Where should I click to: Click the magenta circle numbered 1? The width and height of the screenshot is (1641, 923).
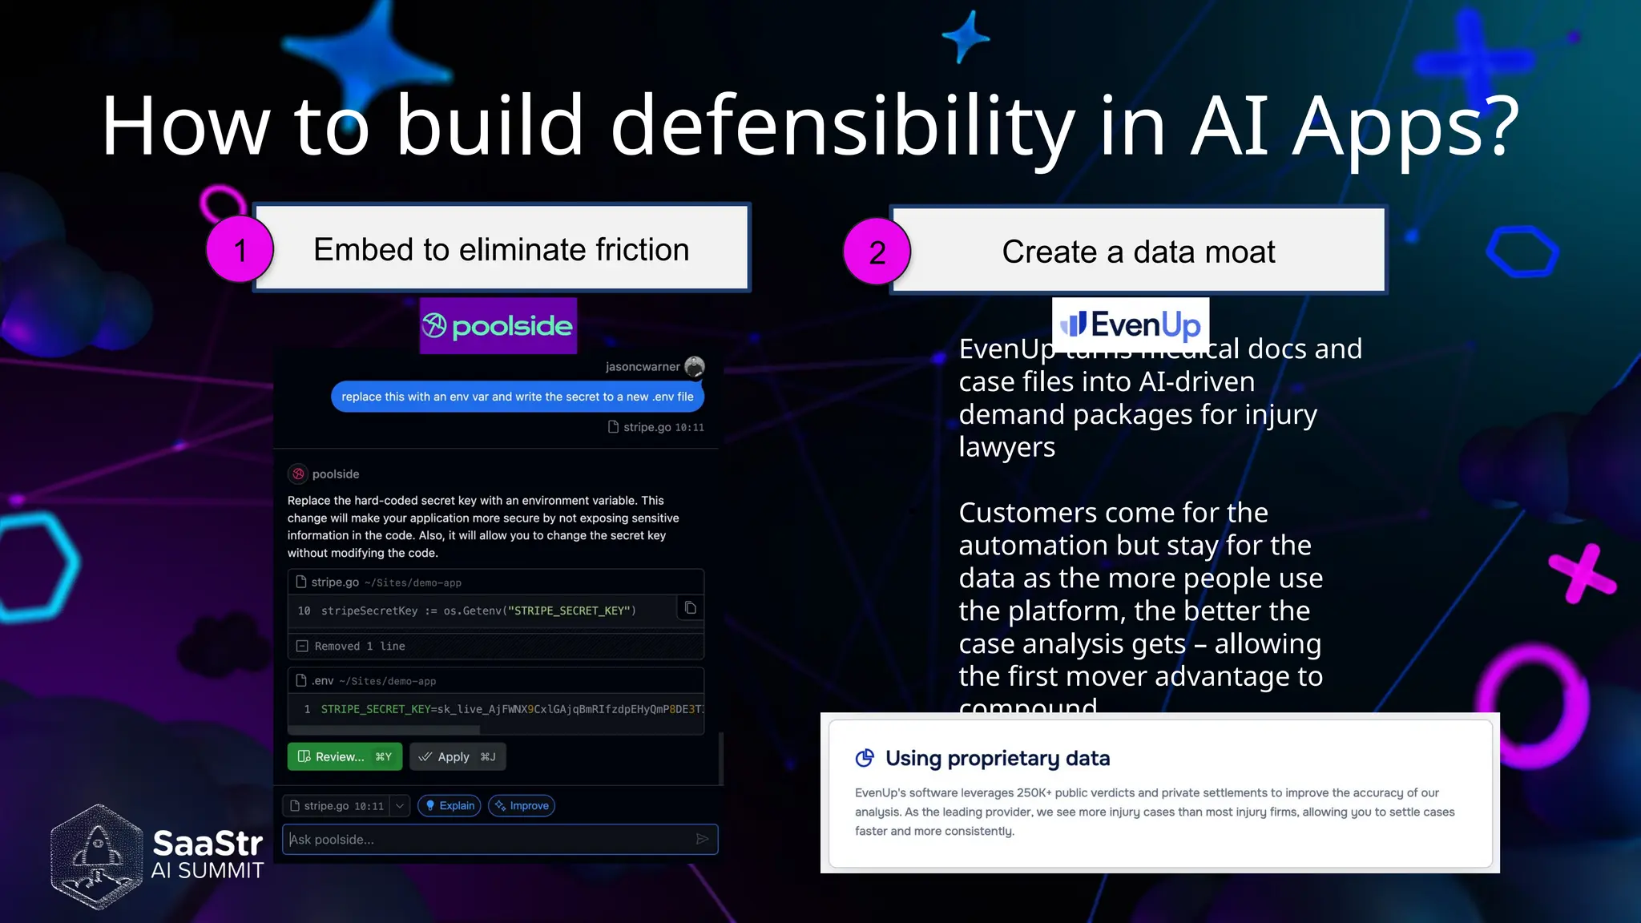pos(240,249)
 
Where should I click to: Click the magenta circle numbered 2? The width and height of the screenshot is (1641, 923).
pos(877,252)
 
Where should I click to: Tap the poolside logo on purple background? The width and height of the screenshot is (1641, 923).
pos(498,325)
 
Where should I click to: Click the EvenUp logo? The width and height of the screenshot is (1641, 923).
pos(1130,324)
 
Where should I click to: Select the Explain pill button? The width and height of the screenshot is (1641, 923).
pos(450,805)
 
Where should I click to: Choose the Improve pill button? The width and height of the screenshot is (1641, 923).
pos(522,805)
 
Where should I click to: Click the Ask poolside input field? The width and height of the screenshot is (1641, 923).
pos(489,839)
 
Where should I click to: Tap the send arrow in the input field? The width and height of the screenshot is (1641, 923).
pos(702,839)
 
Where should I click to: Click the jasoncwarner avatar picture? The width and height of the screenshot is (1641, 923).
pos(695,366)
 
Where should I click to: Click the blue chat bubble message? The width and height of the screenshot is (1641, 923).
pos(518,397)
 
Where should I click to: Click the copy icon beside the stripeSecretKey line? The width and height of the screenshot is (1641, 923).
pos(690,608)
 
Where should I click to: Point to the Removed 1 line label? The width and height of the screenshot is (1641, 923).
pos(359,646)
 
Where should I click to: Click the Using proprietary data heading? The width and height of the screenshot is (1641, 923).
pos(997,758)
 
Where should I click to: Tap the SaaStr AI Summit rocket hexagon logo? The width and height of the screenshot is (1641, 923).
pos(97,856)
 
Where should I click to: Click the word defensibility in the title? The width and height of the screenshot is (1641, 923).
pos(841,126)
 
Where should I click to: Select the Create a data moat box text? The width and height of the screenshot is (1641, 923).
pos(1138,252)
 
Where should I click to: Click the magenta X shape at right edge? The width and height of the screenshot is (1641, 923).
pos(1582,572)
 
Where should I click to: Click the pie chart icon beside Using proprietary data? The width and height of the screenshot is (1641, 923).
pos(865,758)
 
